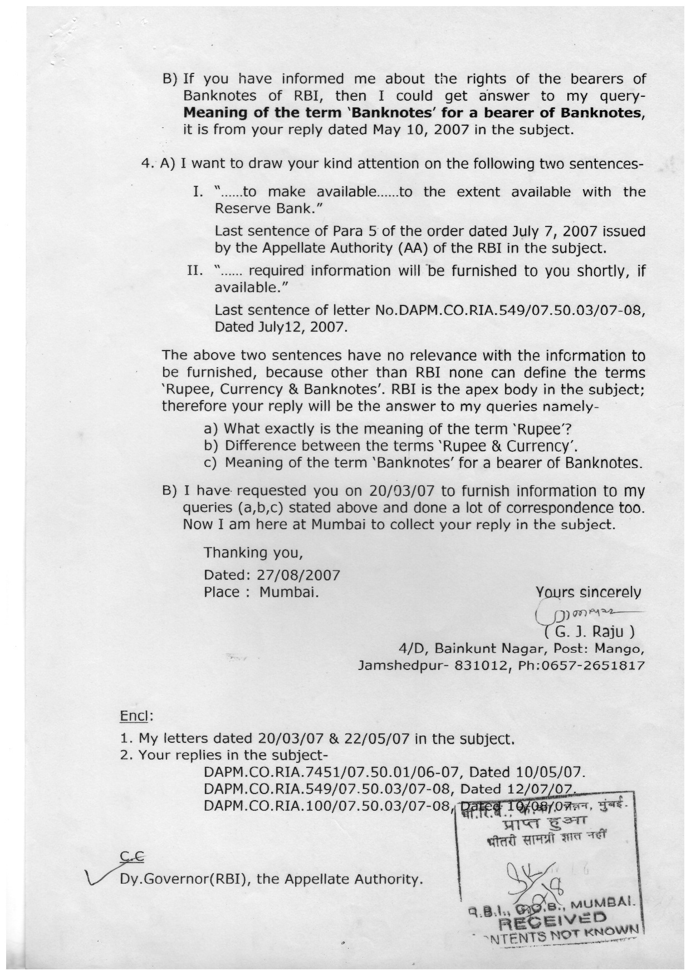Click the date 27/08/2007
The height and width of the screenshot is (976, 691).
click(297, 574)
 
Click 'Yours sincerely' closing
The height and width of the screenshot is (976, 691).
click(588, 592)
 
